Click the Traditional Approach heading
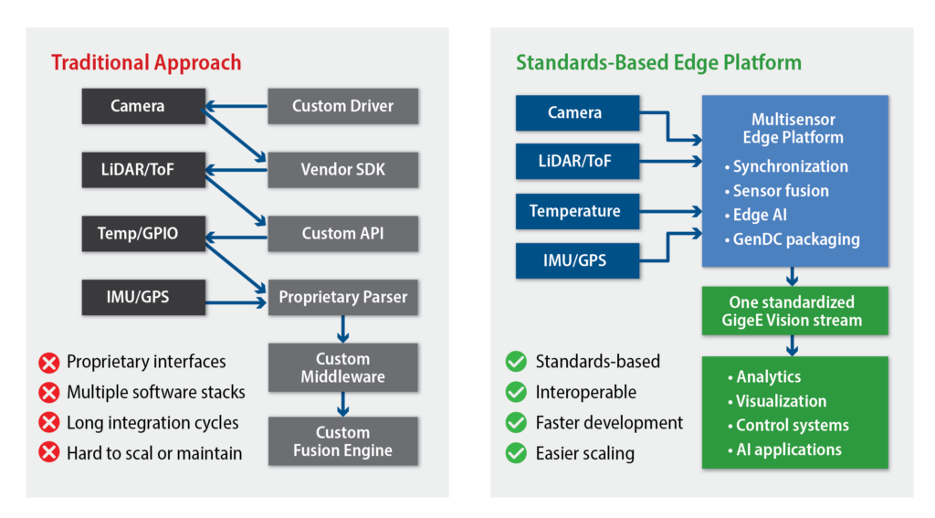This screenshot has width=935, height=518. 146,63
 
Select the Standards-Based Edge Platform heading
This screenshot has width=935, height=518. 658,63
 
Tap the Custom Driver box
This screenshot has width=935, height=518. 343,106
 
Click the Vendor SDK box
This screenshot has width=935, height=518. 343,170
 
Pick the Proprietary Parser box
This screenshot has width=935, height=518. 343,297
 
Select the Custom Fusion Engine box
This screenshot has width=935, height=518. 343,441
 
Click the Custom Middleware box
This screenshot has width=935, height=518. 343,367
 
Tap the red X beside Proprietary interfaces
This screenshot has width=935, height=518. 49,363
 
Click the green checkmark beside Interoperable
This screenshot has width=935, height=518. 516,392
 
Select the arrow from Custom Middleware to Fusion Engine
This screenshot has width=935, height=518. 343,405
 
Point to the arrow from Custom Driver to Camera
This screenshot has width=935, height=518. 236,106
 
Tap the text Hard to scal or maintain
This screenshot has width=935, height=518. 154,453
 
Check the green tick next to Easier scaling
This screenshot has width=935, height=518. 516,453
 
